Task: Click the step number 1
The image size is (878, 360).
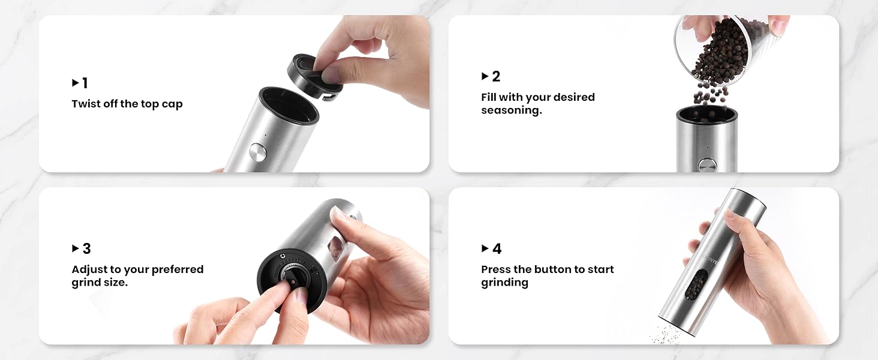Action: tap(85, 83)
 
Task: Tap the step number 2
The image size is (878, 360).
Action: tap(496, 77)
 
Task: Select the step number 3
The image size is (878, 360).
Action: tap(86, 249)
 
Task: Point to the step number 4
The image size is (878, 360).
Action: tap(497, 249)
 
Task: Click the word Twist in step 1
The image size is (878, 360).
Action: tap(86, 104)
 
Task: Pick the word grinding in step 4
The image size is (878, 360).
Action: tap(504, 283)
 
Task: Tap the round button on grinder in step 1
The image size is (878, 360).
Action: tap(258, 152)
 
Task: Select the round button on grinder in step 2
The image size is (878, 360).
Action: tap(706, 165)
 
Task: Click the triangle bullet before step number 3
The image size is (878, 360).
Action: tap(76, 248)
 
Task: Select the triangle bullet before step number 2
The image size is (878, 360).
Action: tap(485, 76)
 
